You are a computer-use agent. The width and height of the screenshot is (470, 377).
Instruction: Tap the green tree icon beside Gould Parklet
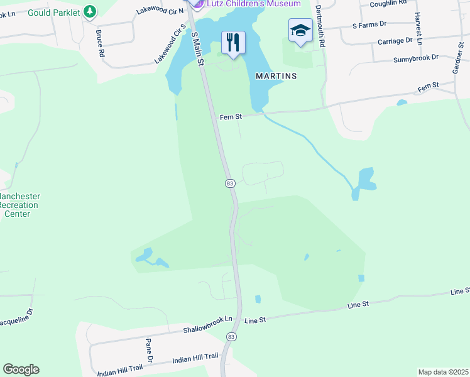click(x=90, y=11)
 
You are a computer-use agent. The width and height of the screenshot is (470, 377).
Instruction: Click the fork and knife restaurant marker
click(x=233, y=43)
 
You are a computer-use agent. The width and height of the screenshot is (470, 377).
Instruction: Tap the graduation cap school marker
click(x=300, y=30)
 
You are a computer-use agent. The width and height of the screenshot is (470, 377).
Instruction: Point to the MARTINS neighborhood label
click(x=276, y=75)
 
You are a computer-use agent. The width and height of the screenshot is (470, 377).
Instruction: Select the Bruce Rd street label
click(x=100, y=43)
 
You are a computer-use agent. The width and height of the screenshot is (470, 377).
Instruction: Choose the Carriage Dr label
click(x=395, y=41)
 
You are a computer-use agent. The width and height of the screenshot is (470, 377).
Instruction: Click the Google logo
click(x=21, y=369)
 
